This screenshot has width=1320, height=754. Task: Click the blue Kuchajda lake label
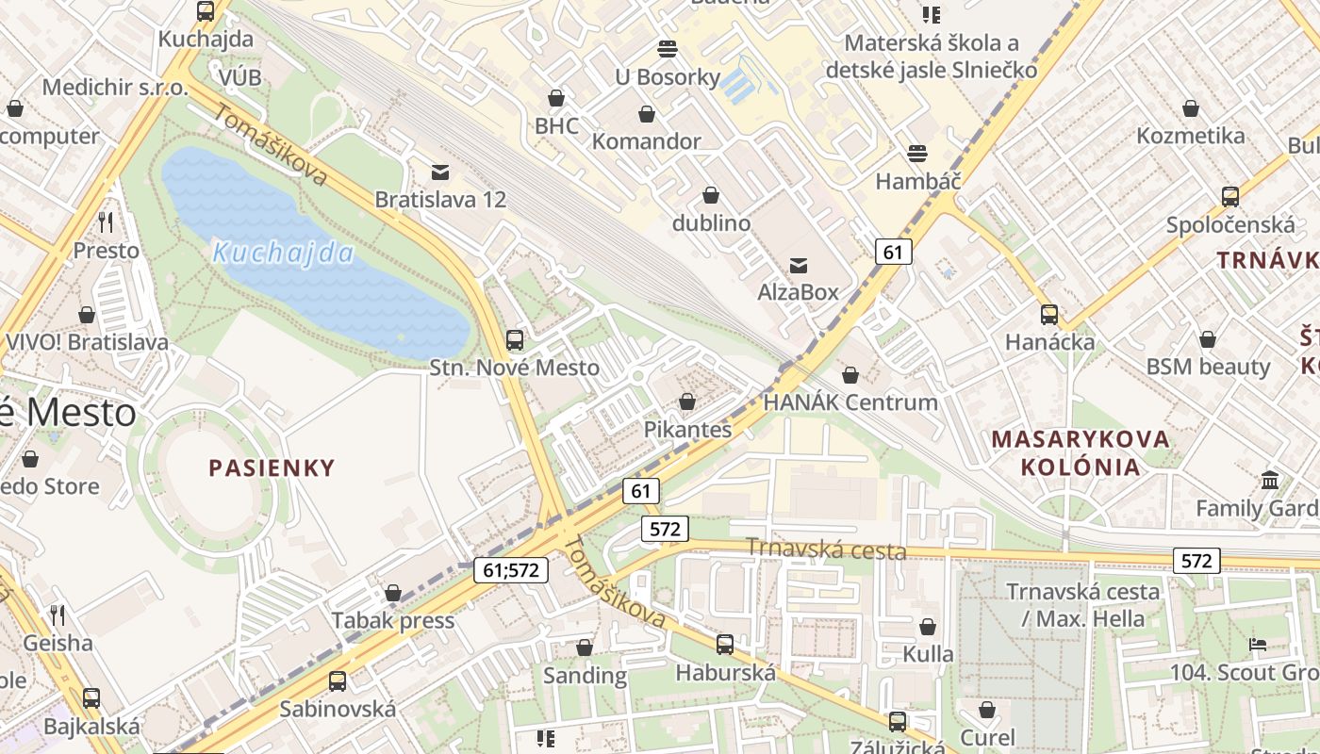[283, 253]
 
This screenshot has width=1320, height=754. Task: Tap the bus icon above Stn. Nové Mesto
[515, 340]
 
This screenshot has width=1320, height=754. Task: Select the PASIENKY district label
[272, 467]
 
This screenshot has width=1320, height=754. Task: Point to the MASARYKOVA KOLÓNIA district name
[1081, 452]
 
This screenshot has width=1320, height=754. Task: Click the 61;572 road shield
[510, 569]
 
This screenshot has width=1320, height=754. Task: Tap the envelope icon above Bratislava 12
[440, 172]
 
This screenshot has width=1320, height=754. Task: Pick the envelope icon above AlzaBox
[799, 265]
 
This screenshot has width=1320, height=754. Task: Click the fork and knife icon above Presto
[106, 222]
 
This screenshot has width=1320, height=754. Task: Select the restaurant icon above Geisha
[58, 615]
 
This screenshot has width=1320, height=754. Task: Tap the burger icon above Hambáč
[917, 153]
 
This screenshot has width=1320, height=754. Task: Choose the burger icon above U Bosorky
[668, 49]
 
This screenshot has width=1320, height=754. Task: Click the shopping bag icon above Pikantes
[687, 402]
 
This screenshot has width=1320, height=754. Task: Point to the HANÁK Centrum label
[850, 402]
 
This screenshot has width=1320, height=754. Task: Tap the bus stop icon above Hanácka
[1049, 314]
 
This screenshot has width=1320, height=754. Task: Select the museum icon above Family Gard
[1270, 480]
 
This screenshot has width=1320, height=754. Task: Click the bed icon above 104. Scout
[1258, 645]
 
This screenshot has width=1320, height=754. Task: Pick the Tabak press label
[392, 620]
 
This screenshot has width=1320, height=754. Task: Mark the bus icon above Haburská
[725, 645]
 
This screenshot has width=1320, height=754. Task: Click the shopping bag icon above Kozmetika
[1191, 108]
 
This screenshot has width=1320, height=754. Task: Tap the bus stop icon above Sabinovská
[338, 680]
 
